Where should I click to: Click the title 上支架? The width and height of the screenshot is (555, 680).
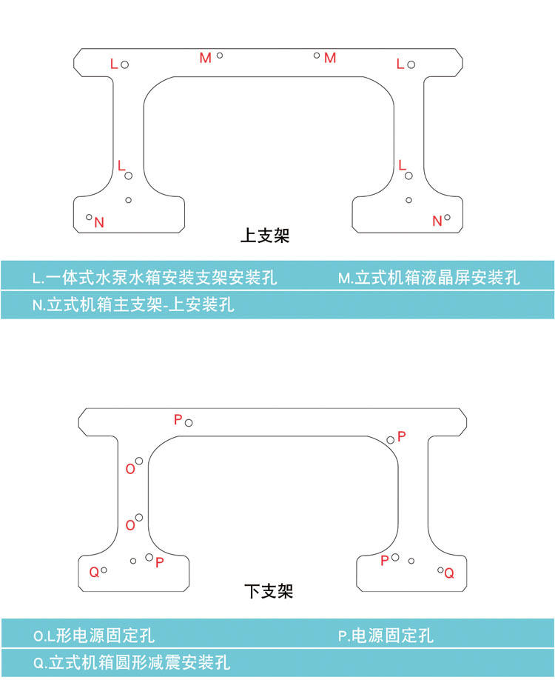pos(265,236)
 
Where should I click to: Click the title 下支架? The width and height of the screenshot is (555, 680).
pos(269,591)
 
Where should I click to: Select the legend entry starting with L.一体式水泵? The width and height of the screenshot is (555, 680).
pos(155,279)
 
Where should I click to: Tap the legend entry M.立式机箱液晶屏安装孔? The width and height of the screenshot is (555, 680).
pos(428,279)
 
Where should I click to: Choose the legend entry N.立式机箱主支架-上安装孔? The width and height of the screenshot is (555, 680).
pos(133,304)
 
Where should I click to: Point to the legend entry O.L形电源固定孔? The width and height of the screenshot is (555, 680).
pos(94,636)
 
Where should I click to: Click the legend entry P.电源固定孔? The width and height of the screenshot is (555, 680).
pos(386,636)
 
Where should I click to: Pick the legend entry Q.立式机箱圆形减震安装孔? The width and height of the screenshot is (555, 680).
pos(134,662)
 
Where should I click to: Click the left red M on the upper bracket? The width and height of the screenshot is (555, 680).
pos(205,58)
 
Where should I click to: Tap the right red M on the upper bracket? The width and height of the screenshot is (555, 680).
pos(330,58)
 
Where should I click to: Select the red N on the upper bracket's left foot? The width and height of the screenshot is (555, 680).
pos(99,222)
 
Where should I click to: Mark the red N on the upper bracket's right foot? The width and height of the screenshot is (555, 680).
pos(437,221)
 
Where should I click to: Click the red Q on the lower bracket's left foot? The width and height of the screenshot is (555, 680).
pos(94,572)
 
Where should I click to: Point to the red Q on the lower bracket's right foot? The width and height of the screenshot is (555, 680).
pos(449,573)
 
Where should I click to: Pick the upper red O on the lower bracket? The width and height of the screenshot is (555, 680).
pos(130,469)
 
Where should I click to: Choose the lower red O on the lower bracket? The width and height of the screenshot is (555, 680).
pos(130,525)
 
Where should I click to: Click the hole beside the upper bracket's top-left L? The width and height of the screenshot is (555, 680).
pos(125,64)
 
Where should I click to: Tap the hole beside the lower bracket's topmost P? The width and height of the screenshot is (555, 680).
pos(189,423)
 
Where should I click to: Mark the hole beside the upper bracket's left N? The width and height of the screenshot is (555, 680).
pos(89,217)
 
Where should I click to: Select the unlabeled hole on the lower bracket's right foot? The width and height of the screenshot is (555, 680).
pos(411,561)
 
